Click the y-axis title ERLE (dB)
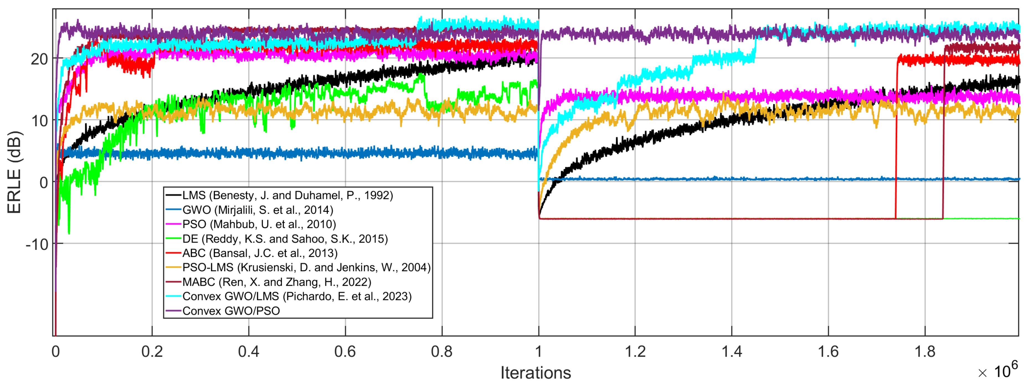tap(14, 173)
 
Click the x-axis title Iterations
tap(536, 372)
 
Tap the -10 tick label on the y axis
tap(37, 244)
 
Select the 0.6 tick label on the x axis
tap(345, 352)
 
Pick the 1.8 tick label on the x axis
tap(925, 352)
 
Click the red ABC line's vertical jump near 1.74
tap(896, 140)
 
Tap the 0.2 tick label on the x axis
tap(152, 352)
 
